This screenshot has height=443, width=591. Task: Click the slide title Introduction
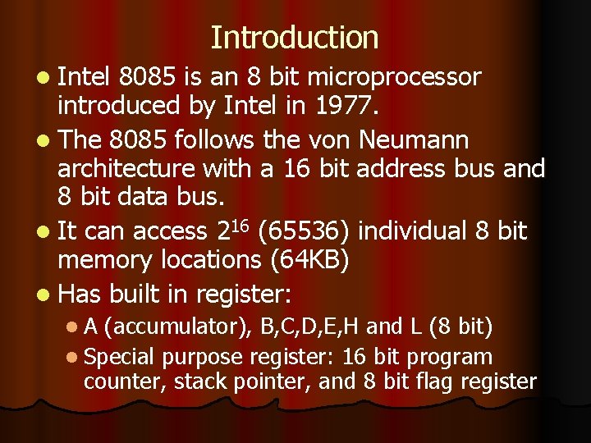tap(295, 38)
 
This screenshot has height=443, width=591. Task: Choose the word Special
tap(119, 357)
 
